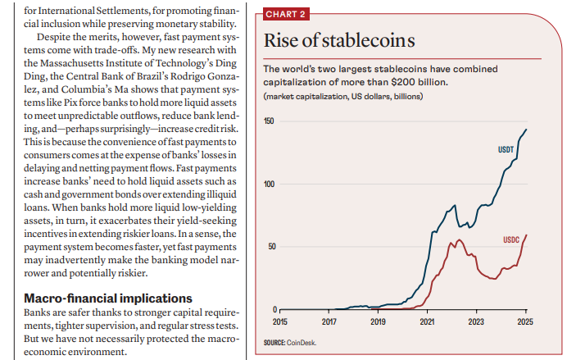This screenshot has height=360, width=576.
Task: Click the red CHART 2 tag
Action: coord(285,15)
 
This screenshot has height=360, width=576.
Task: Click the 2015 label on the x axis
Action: coord(279,323)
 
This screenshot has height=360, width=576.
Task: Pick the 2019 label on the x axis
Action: coord(378,323)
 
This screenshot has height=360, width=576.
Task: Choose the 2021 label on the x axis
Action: coord(427,323)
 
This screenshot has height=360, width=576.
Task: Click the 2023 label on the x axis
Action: coord(476,323)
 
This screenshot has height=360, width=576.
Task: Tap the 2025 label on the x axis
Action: coord(525,323)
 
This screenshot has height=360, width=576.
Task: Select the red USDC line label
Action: coord(512,239)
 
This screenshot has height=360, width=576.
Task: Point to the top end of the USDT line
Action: coord(526,129)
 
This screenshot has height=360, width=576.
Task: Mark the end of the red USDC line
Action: coord(526,235)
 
